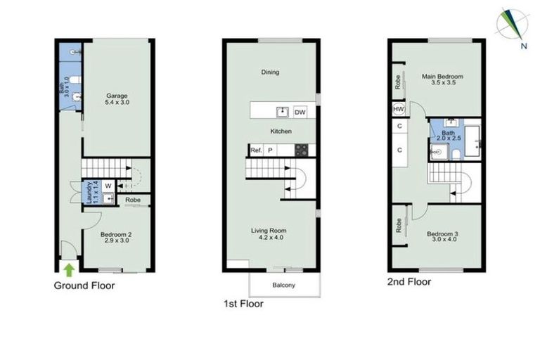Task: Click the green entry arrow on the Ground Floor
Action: click(68, 269)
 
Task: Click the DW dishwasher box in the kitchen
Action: click(300, 112)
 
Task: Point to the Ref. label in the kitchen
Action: click(255, 150)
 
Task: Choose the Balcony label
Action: click(285, 285)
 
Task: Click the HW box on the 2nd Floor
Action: click(399, 109)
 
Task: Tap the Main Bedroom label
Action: click(444, 78)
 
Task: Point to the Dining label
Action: click(270, 72)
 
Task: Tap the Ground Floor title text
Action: click(84, 286)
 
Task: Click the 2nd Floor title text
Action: click(409, 281)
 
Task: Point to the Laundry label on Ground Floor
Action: click(88, 192)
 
